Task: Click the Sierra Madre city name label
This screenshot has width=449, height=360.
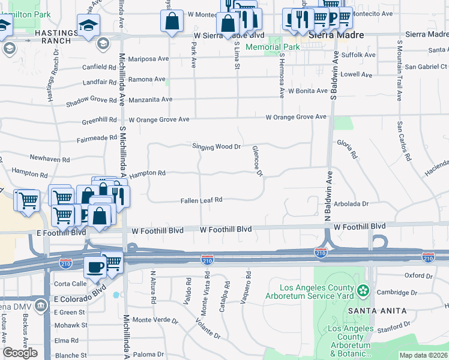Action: pos(336,35)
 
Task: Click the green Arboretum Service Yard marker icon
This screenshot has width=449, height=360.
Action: pos(363,291)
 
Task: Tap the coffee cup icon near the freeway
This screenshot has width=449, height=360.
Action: pos(94,266)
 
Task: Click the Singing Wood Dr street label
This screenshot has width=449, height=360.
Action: pos(216,146)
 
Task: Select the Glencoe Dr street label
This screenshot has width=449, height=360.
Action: pos(258,161)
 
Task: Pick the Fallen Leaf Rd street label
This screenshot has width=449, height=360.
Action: pos(201,200)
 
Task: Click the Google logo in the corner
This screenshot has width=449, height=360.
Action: pos(20,353)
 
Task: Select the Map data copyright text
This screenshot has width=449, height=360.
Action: pos(423,355)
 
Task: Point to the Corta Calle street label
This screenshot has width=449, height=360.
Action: pos(71,283)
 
